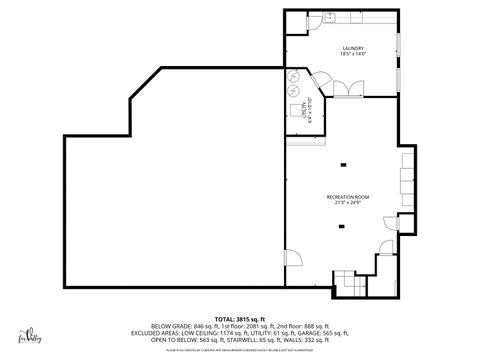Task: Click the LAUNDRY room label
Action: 352,47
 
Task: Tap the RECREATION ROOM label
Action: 347,198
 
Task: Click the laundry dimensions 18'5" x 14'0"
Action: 352,54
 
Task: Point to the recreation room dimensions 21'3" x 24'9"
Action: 347,205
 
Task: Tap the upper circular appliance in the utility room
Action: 293,75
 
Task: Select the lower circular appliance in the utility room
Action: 293,90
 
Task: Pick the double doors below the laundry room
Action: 345,91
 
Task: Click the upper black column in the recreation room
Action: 342,165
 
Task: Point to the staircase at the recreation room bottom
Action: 346,282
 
